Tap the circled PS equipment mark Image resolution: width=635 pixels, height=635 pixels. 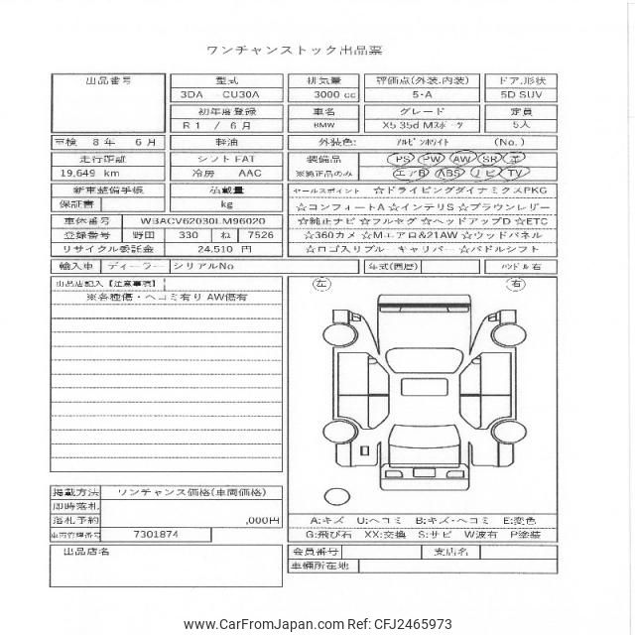tap(404, 159)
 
